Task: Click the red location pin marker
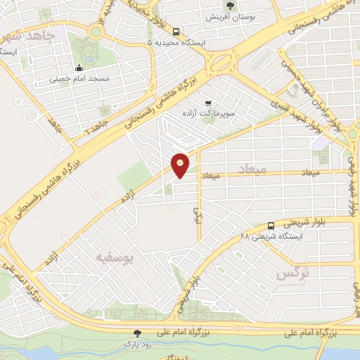click(x=181, y=165)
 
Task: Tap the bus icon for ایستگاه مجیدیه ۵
click(x=176, y=32)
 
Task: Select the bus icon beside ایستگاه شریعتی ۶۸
click(x=271, y=225)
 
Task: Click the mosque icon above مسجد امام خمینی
click(x=79, y=68)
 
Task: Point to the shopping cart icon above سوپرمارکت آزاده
click(x=207, y=102)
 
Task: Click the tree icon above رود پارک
click(x=138, y=333)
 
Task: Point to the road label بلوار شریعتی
click(x=304, y=221)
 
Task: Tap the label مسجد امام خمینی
click(x=79, y=79)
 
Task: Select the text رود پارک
click(x=138, y=345)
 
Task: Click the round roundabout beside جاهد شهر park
click(x=95, y=32)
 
